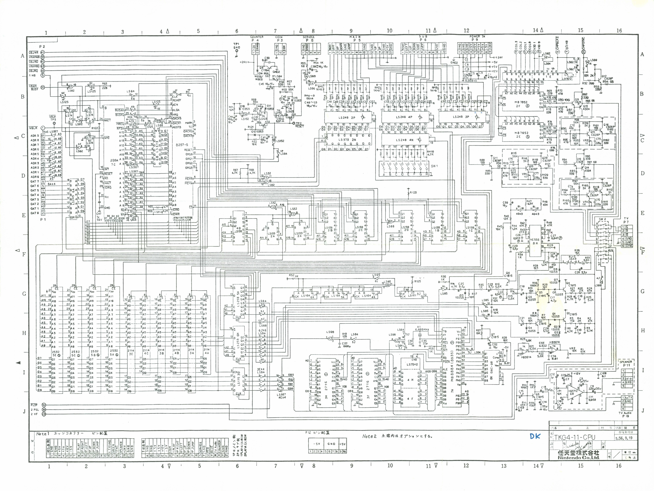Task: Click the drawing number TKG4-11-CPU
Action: tap(574, 437)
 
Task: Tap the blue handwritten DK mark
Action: tap(535, 436)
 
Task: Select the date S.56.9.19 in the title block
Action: tap(624, 438)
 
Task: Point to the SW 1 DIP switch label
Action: tap(434, 166)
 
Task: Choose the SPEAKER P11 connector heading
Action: tap(626, 363)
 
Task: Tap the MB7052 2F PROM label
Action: tap(521, 104)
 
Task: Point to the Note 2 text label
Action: tap(369, 436)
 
